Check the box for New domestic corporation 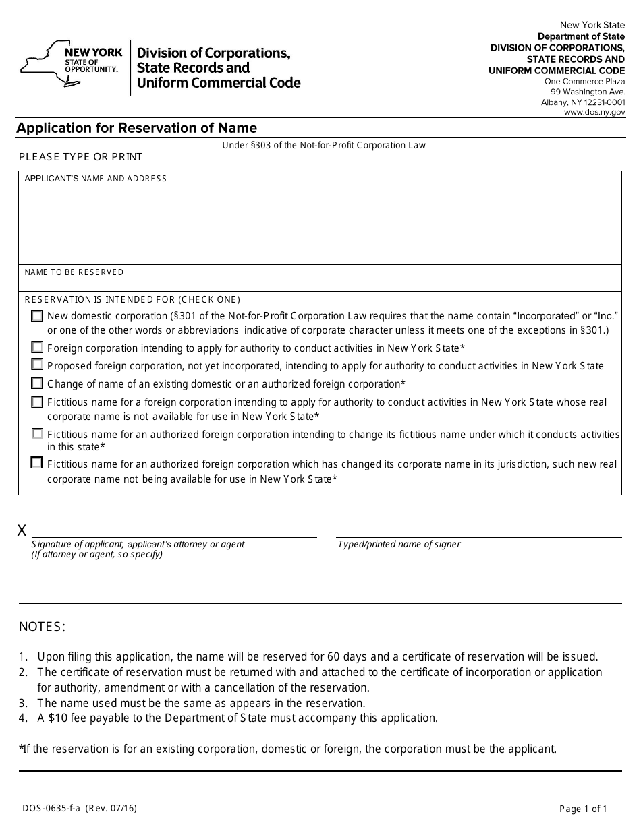pyautogui.click(x=37, y=315)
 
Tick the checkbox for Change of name pyautogui.click(x=37, y=383)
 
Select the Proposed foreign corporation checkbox pyautogui.click(x=37, y=365)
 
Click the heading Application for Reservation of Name pyautogui.click(x=136, y=128)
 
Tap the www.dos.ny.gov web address pyautogui.click(x=594, y=113)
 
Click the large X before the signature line pyautogui.click(x=22, y=530)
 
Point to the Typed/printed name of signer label pyautogui.click(x=399, y=544)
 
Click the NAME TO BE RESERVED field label pyautogui.click(x=74, y=272)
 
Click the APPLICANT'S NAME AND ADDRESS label pyautogui.click(x=95, y=179)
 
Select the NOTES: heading pyautogui.click(x=42, y=627)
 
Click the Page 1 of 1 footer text pyautogui.click(x=584, y=809)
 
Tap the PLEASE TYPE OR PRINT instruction pyautogui.click(x=80, y=157)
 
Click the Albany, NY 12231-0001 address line pyautogui.click(x=583, y=102)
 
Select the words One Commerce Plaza pyautogui.click(x=584, y=81)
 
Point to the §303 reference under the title pyautogui.click(x=259, y=145)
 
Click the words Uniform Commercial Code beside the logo pyautogui.click(x=219, y=83)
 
